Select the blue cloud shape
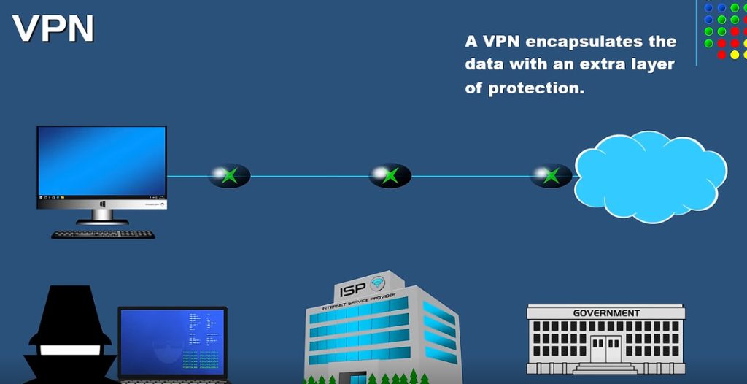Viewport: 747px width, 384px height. point(649,177)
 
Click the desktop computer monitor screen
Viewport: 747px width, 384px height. point(102,161)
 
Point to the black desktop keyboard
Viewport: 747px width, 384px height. point(103,234)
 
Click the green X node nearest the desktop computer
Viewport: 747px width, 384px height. point(230,175)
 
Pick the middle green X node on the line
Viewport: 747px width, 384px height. point(390,175)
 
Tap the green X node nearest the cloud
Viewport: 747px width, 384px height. point(551,175)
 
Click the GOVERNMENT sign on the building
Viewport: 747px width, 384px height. point(605,313)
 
